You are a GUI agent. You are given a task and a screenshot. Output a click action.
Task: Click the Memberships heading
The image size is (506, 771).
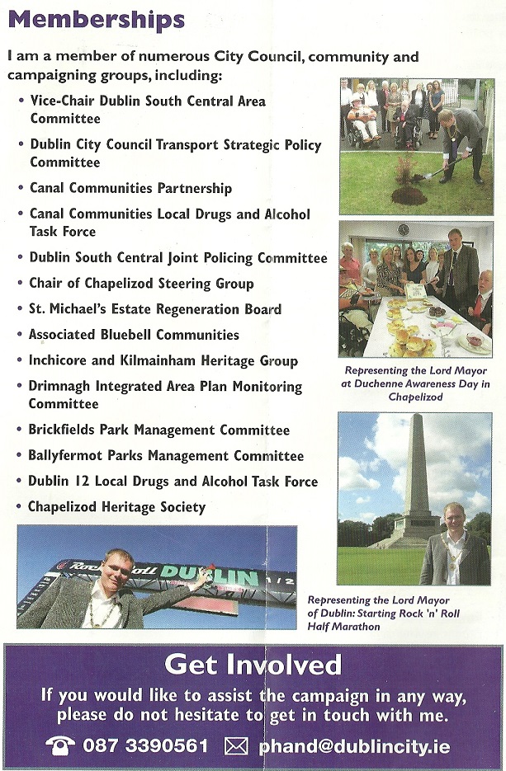[97, 20]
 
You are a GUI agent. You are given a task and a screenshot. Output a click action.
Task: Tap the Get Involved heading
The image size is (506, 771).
[253, 665]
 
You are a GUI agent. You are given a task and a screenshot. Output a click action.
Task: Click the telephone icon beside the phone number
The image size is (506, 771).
[60, 746]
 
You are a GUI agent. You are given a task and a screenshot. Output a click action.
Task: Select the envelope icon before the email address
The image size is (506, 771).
[236, 746]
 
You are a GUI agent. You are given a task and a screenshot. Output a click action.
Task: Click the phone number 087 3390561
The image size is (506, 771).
[145, 746]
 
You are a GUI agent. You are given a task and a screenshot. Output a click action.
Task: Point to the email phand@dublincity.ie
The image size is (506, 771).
[354, 746]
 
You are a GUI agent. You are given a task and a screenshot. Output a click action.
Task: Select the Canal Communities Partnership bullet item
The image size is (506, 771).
[130, 188]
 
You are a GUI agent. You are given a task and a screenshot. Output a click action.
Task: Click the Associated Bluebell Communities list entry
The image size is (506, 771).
[134, 335]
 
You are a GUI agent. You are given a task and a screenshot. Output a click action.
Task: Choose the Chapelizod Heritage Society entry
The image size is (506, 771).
[116, 507]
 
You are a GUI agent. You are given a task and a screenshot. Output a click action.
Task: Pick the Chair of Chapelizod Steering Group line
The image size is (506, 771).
[141, 284]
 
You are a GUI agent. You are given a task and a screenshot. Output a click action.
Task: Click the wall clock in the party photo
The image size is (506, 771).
[403, 230]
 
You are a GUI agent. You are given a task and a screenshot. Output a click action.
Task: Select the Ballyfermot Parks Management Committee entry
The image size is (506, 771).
[166, 456]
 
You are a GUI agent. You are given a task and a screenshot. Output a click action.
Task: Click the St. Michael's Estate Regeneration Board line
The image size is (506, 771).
[155, 309]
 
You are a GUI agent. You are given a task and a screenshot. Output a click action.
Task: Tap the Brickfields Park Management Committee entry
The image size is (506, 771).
[158, 430]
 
